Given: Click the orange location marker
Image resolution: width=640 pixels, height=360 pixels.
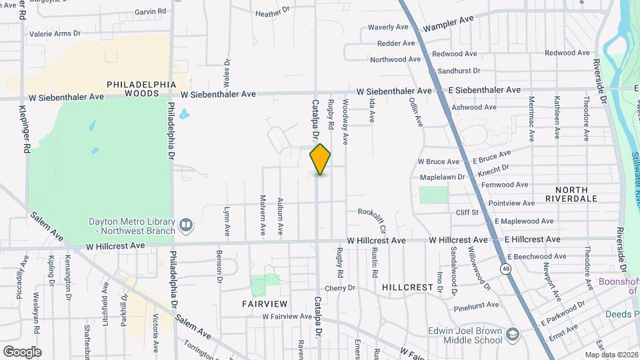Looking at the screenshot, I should (x=320, y=159).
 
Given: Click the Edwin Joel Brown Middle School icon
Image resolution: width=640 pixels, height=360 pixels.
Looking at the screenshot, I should (x=512, y=333).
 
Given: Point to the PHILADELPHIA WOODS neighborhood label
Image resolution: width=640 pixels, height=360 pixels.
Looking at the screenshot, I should (x=141, y=89).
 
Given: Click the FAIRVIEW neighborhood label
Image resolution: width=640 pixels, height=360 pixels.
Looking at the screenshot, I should (x=264, y=303).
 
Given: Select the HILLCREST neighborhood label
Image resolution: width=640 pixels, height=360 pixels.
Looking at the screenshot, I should (x=408, y=287).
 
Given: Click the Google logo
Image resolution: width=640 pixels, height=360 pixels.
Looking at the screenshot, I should (x=21, y=351).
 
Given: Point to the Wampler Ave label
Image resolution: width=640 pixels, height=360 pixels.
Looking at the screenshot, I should (x=448, y=24).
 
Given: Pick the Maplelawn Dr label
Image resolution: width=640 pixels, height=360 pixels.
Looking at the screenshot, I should (x=443, y=177).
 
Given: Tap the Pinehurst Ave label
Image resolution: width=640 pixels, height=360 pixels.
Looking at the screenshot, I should (x=475, y=305).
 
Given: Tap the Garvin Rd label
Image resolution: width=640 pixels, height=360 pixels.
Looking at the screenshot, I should (x=150, y=11).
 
